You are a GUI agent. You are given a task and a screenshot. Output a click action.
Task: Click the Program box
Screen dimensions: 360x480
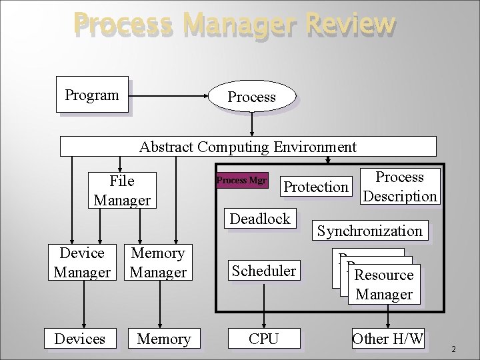(92, 95)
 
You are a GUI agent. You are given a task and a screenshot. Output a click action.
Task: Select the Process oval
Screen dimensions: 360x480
(251, 97)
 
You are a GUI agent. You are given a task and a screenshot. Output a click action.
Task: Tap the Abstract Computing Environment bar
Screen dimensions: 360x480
(248, 146)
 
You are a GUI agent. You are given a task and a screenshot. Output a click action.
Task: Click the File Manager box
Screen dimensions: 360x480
(121, 190)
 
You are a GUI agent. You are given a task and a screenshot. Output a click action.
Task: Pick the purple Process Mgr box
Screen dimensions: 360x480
(242, 181)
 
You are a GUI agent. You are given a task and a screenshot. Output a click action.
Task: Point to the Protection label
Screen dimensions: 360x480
(316, 187)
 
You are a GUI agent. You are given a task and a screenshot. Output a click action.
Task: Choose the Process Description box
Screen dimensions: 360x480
(400, 186)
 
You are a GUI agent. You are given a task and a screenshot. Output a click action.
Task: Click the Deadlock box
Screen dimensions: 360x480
(260, 219)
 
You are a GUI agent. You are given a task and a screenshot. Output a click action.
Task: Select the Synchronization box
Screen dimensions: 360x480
(370, 231)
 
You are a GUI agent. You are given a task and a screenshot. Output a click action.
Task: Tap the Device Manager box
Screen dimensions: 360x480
(82, 263)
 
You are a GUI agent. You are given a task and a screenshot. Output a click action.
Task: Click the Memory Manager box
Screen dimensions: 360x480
(158, 263)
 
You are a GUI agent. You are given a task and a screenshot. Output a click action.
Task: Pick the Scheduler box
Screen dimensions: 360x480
(263, 271)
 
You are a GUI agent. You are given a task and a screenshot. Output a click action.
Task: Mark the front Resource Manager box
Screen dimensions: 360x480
(385, 284)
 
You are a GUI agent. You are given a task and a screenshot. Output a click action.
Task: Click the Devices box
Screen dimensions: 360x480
(81, 339)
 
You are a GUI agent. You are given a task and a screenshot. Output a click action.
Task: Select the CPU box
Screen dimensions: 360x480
(263, 339)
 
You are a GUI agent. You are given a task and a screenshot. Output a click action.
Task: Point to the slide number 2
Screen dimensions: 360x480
(453, 349)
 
